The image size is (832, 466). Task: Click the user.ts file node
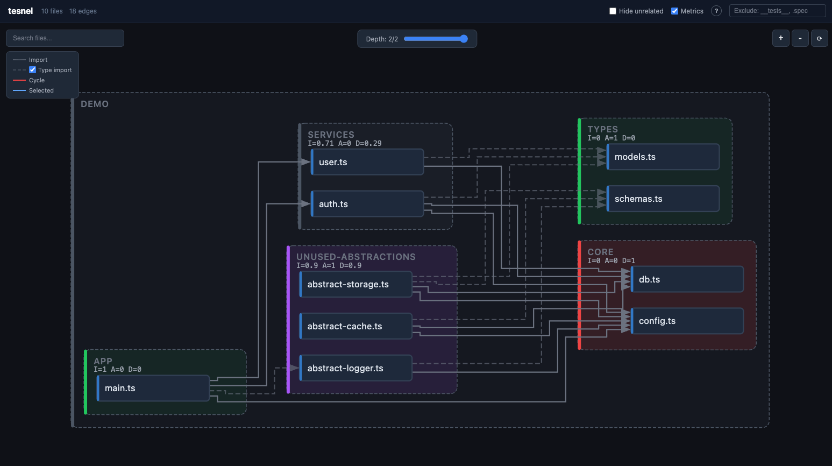(367, 162)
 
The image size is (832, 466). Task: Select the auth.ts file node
(367, 203)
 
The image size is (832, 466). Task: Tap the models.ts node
(663, 157)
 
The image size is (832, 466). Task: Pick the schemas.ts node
(663, 199)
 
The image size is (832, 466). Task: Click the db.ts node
(687, 279)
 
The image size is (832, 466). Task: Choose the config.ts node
(687, 321)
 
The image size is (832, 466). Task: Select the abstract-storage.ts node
(356, 284)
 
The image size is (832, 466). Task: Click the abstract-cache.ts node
(356, 326)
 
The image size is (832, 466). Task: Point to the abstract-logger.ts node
(356, 368)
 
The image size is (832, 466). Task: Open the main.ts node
(153, 388)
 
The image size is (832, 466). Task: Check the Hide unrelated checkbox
(613, 11)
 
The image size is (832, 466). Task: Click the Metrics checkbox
(674, 11)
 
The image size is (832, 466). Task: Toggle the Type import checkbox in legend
(33, 70)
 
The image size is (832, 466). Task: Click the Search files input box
(65, 38)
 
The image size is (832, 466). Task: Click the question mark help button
(716, 11)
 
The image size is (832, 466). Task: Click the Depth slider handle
(464, 39)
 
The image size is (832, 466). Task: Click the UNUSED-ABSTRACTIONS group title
(356, 257)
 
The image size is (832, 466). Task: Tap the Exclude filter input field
(777, 11)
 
